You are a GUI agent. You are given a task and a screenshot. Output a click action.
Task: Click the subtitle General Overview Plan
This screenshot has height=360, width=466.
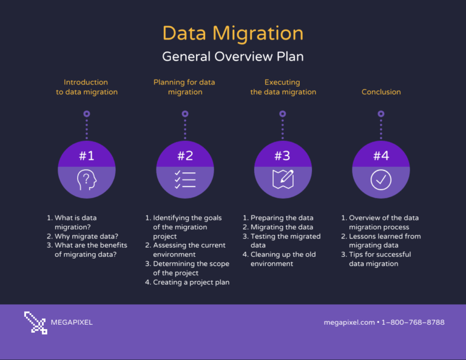233,56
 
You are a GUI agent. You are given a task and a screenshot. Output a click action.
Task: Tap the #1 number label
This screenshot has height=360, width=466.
87,156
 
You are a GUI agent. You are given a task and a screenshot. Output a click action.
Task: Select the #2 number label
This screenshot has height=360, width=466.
185,156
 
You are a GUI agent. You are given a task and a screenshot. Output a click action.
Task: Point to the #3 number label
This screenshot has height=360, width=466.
282,156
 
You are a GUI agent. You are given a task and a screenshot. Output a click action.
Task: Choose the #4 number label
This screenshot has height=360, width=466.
381,156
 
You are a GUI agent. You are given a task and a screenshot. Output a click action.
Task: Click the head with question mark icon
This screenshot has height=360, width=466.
87,180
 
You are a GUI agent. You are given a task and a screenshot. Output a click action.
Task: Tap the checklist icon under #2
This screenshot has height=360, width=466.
185,180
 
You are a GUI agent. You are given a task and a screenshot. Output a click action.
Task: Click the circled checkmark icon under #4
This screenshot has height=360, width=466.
381,180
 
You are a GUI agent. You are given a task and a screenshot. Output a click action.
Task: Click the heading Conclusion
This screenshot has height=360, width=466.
381,92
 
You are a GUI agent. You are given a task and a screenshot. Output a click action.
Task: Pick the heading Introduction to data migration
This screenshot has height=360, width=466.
87,87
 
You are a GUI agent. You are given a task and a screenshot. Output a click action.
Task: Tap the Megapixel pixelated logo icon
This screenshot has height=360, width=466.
36,322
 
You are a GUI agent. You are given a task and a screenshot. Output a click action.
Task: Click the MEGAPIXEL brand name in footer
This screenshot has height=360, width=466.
72,322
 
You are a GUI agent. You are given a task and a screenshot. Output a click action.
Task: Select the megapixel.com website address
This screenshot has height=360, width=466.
349,322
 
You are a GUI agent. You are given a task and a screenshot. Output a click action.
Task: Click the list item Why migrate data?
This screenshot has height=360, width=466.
86,236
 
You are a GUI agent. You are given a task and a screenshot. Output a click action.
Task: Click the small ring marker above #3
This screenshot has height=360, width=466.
282,114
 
